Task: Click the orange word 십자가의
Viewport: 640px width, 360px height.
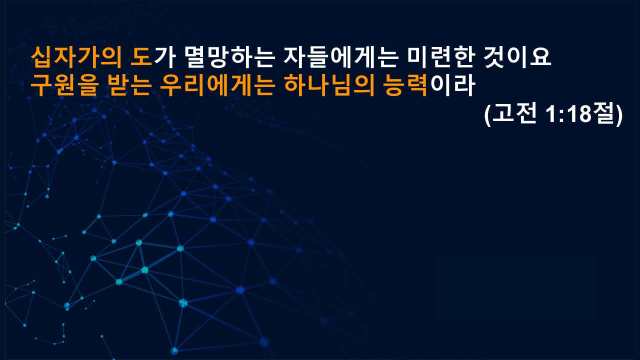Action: pos(76,57)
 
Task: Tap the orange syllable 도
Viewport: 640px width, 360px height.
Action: pos(141,57)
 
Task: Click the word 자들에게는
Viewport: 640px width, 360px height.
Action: pos(341,57)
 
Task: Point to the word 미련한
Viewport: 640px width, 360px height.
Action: pos(441,57)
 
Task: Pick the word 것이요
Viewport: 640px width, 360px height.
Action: pos(517,57)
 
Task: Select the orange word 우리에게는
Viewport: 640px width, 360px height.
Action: pos(217,85)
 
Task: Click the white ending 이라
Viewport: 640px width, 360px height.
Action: pos(451,85)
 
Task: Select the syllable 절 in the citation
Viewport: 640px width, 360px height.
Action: pos(603,113)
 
